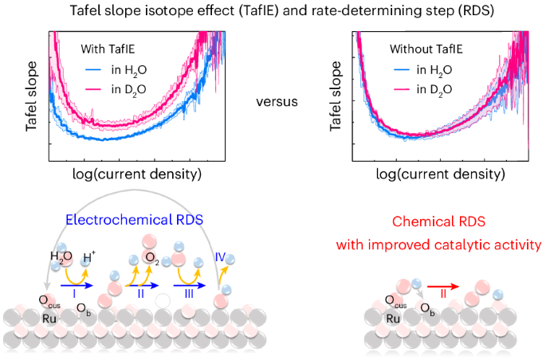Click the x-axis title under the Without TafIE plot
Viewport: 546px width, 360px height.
coord(440,173)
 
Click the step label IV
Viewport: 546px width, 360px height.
coord(222,257)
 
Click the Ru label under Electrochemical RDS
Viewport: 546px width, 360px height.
coord(50,318)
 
